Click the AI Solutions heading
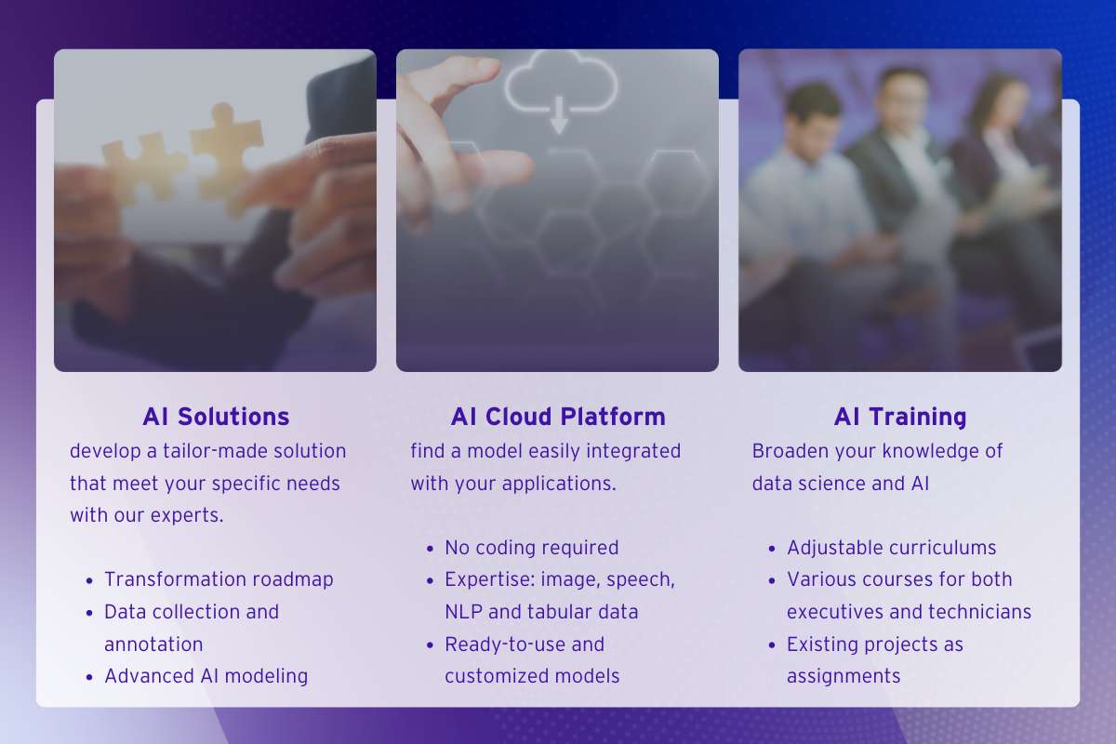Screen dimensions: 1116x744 (x=216, y=417)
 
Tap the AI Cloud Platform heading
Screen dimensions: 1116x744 (x=558, y=417)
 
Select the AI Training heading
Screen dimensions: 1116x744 (x=900, y=417)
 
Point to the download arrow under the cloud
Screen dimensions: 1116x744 (x=559, y=115)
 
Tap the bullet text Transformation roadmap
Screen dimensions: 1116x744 (x=219, y=579)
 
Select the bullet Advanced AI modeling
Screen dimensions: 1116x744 (x=206, y=676)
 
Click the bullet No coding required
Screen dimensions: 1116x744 (x=532, y=548)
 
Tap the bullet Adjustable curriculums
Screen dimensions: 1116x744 (x=891, y=548)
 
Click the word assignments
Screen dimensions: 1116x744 (x=844, y=677)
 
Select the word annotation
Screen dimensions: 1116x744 (x=153, y=644)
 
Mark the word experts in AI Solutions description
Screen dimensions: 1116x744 (x=187, y=516)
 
